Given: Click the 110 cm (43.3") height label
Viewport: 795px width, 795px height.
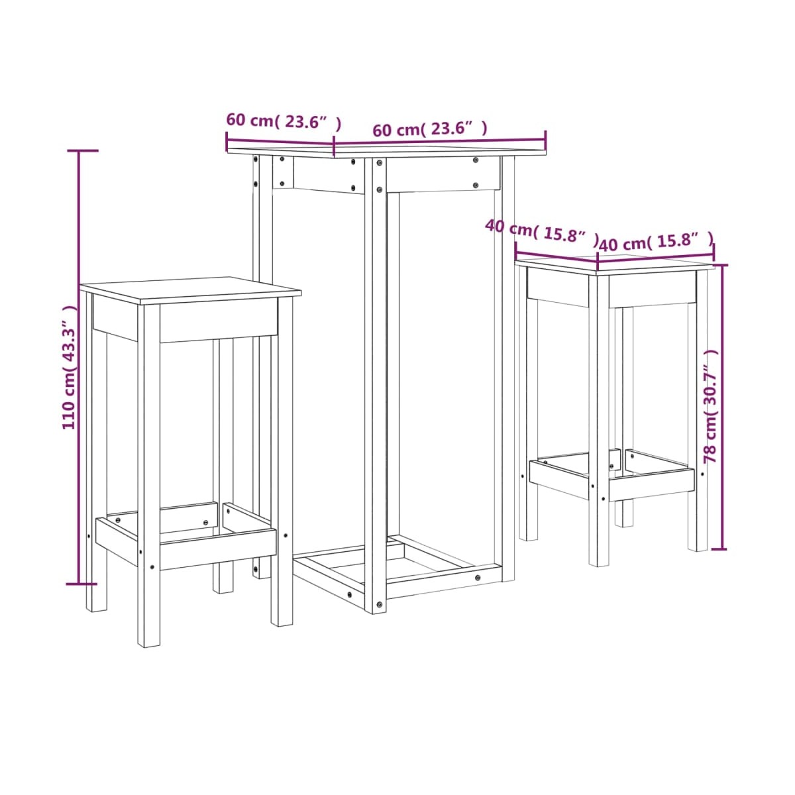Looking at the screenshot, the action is click(x=69, y=367).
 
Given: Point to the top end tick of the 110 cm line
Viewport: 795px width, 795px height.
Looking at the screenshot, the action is click(x=83, y=150).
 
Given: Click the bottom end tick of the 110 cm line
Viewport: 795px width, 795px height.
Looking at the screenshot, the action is click(x=81, y=584).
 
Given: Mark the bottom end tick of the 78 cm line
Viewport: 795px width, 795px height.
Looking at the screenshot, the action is click(x=719, y=549).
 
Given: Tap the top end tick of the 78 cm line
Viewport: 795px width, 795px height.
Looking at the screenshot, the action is click(x=720, y=265).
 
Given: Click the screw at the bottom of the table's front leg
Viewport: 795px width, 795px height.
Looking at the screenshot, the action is click(x=379, y=604).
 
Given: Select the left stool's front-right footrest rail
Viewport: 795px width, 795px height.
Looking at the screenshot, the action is click(x=218, y=549).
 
